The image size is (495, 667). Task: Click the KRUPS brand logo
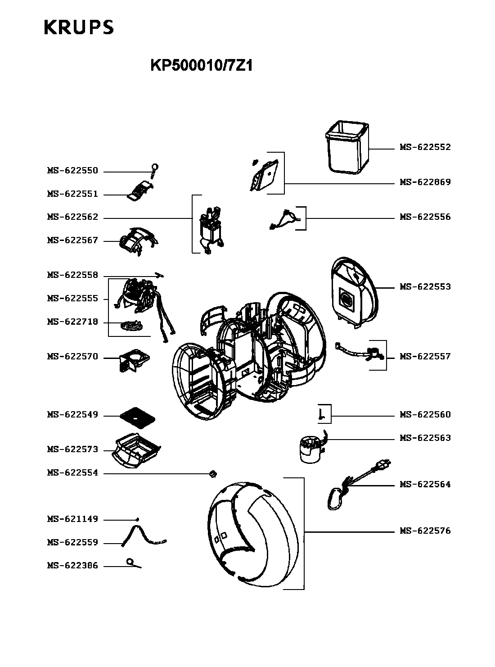pyautogui.click(x=79, y=27)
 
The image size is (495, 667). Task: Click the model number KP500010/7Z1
pyautogui.click(x=202, y=66)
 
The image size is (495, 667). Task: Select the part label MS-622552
pyautogui.click(x=425, y=147)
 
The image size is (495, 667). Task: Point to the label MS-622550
pyautogui.click(x=72, y=171)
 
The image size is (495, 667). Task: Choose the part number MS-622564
pyautogui.click(x=425, y=485)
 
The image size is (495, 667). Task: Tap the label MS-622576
pyautogui.click(x=425, y=531)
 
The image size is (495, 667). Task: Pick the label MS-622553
pyautogui.click(x=425, y=287)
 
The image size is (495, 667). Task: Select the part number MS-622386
pyautogui.click(x=72, y=566)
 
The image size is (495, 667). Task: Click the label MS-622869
pyautogui.click(x=425, y=182)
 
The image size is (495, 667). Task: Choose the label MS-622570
pyautogui.click(x=72, y=357)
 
